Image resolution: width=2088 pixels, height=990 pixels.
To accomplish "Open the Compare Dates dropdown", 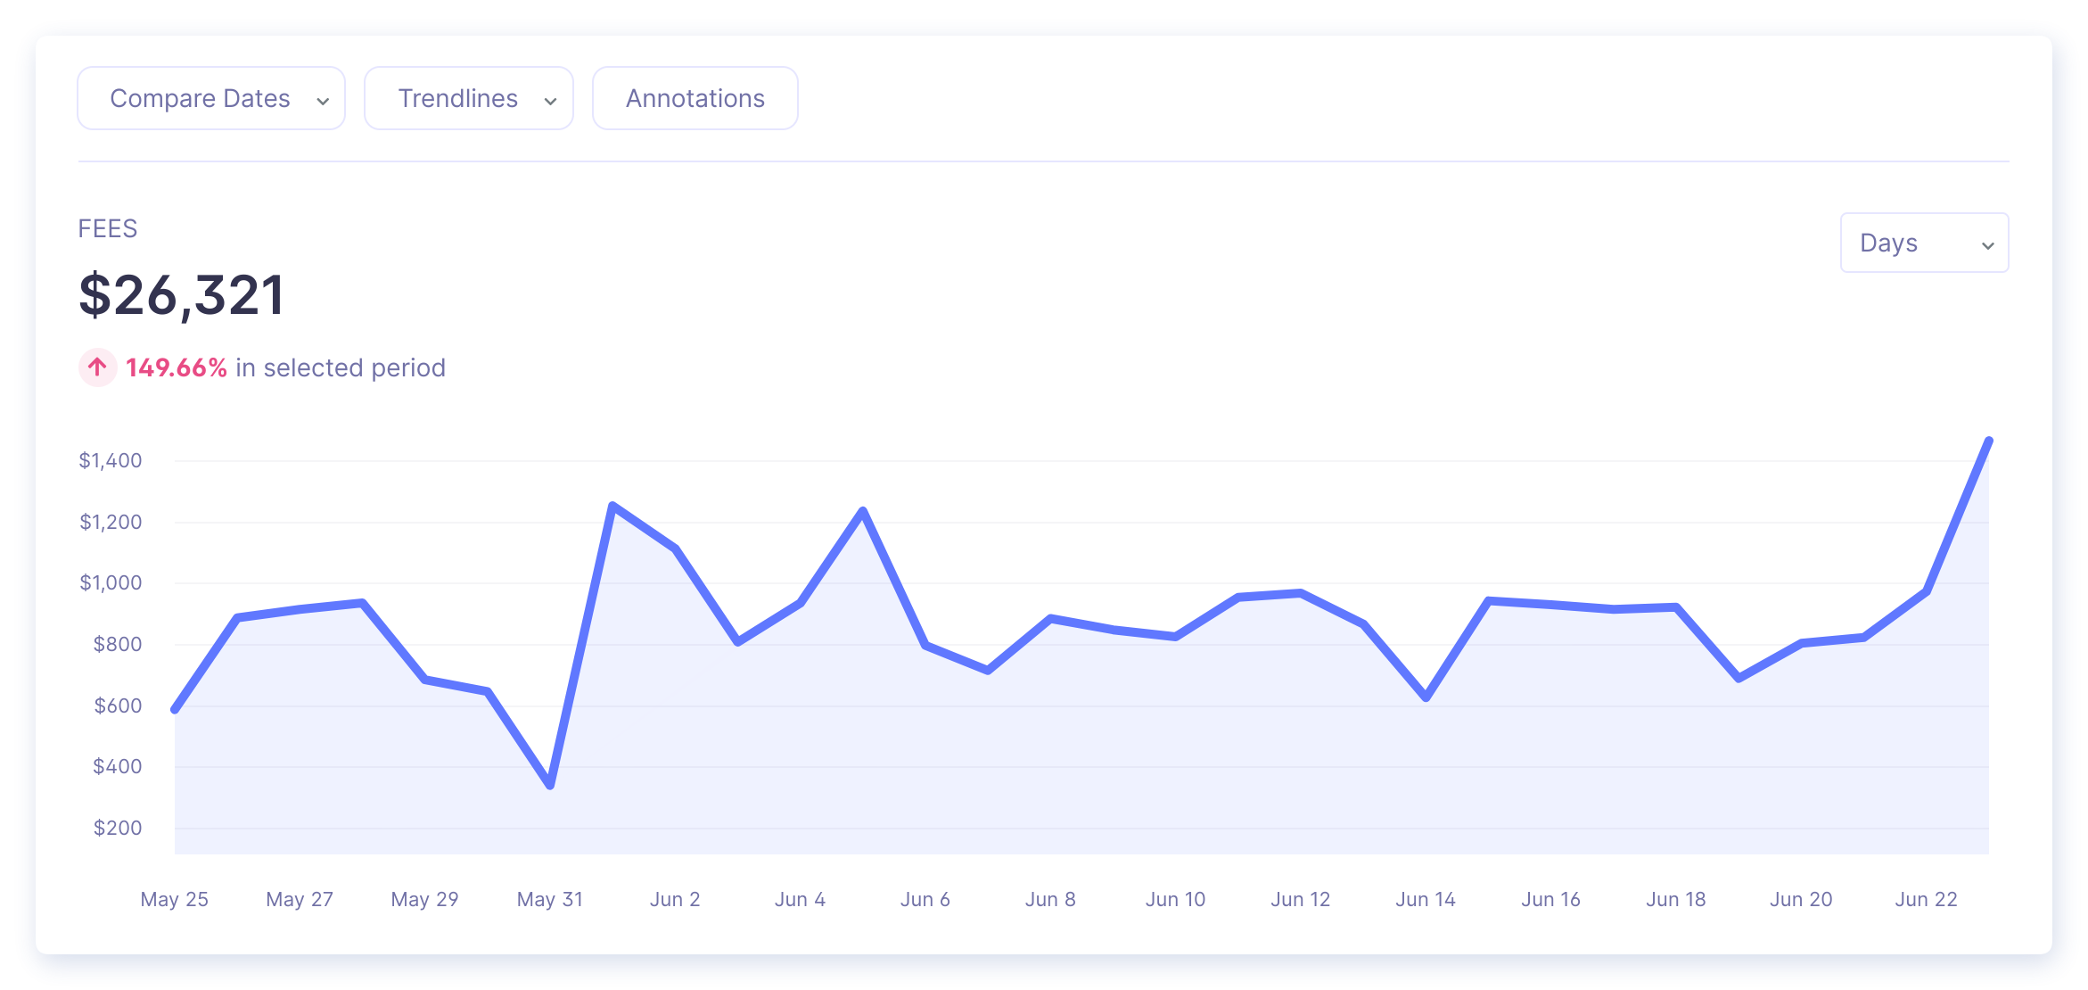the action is (x=211, y=98).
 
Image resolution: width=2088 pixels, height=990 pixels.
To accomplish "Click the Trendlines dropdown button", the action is (x=469, y=98).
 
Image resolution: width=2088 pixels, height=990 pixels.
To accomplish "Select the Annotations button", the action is (x=695, y=98).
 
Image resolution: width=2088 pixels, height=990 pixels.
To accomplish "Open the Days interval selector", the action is (x=1924, y=243).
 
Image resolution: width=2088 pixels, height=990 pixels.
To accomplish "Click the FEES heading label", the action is (x=108, y=229).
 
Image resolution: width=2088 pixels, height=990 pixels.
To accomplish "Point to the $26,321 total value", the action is (x=182, y=295).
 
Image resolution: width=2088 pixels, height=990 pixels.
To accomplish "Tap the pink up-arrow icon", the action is (x=98, y=367).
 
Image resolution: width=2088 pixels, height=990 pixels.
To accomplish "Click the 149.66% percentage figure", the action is (x=177, y=367).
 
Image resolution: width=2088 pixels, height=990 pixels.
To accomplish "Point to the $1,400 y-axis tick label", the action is (x=111, y=460).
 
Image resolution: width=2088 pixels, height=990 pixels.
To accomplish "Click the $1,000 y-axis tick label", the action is (x=111, y=582).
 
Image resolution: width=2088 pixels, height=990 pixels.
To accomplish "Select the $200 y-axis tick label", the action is (x=118, y=828).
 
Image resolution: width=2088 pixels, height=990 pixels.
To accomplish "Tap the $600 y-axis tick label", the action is (x=118, y=705).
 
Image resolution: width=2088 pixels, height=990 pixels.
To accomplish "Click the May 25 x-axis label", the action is (x=175, y=899).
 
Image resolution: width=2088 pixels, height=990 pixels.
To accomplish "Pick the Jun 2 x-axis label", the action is (x=675, y=899).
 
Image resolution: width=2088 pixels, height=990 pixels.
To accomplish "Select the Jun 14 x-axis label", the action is (x=1426, y=899).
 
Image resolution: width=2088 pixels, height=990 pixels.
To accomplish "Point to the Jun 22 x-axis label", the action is (x=1926, y=899).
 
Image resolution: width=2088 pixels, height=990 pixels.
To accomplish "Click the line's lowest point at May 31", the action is (x=550, y=786).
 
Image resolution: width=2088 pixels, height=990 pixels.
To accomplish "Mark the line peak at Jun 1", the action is (x=612, y=506).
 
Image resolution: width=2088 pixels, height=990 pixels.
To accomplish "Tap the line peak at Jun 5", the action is (x=863, y=510).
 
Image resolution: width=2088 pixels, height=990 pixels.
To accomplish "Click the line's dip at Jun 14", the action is (x=1426, y=697).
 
